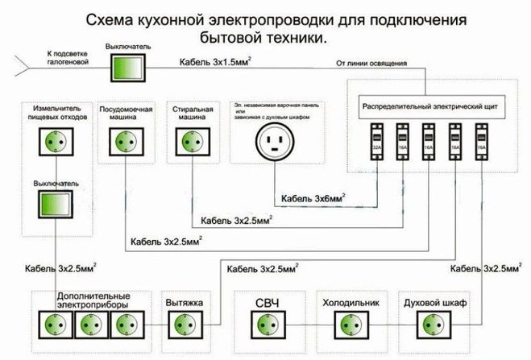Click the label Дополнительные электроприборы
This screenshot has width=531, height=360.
click(x=93, y=302)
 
